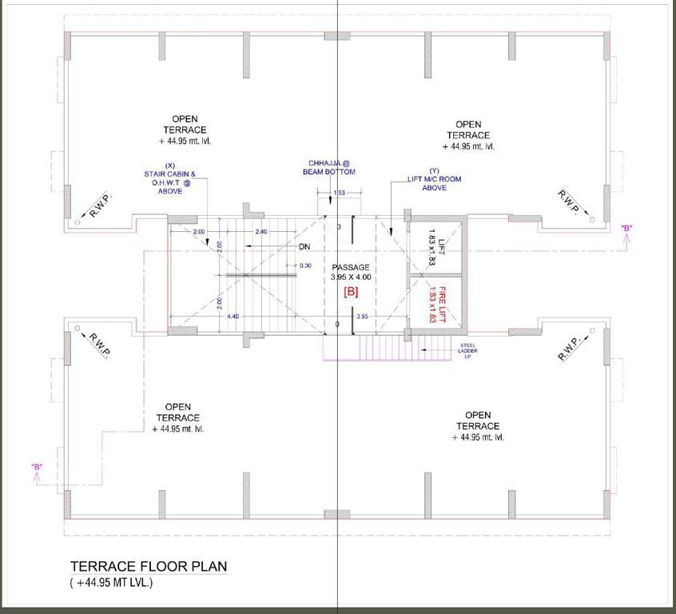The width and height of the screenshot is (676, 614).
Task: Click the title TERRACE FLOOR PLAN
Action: [149, 567]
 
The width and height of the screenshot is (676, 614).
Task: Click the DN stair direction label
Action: [304, 246]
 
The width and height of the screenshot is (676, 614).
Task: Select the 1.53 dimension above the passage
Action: [339, 193]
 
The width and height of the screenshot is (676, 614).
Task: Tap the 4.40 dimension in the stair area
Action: [233, 317]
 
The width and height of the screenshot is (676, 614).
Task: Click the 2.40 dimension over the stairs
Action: [260, 231]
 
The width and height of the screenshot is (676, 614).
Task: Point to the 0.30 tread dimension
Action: [305, 265]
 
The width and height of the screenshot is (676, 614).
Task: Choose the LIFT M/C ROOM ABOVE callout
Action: [434, 179]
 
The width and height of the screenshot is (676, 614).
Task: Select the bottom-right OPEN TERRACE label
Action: [478, 426]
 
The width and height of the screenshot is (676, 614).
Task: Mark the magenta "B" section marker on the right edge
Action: [627, 229]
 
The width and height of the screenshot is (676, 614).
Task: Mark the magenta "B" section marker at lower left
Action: [37, 466]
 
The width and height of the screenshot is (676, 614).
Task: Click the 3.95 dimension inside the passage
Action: [362, 317]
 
